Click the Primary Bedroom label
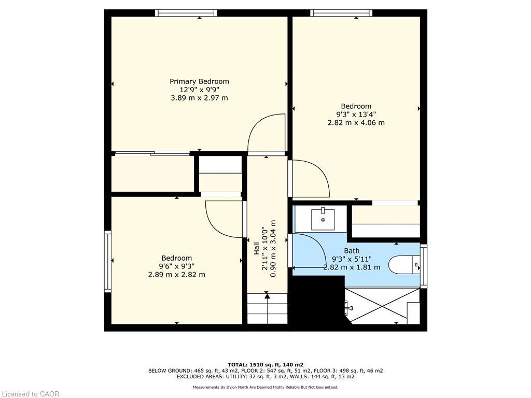[x=199, y=81]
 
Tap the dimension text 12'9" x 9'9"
[x=199, y=90]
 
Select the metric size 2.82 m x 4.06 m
[x=356, y=123]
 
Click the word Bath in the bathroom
[x=352, y=251]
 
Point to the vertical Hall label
[x=256, y=249]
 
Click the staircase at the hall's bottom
[x=267, y=309]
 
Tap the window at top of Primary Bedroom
[x=186, y=13]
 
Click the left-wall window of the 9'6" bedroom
[x=108, y=261]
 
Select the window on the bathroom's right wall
[x=424, y=266]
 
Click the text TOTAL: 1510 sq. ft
[x=265, y=364]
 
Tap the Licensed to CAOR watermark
[x=30, y=394]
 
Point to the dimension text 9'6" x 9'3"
[x=176, y=266]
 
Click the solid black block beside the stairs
[x=316, y=301]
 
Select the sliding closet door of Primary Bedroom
[x=152, y=153]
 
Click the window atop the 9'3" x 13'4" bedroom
[x=341, y=13]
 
